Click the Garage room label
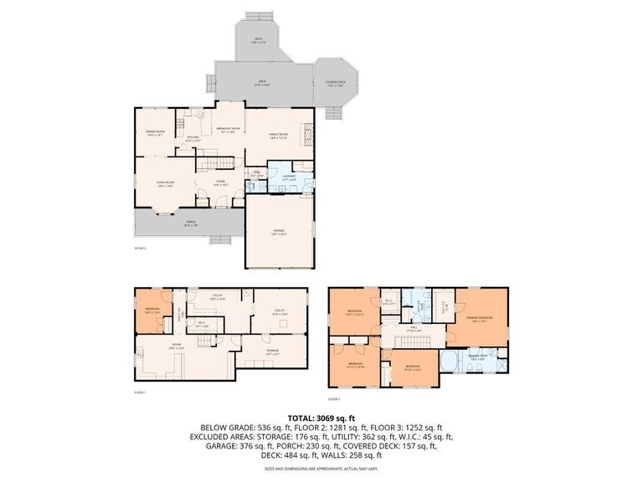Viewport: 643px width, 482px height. click(279, 233)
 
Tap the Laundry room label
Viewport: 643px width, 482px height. click(289, 177)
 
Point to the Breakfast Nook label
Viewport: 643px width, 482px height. click(229, 129)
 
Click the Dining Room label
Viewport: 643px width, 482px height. click(155, 133)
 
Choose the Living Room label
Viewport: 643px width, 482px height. click(164, 184)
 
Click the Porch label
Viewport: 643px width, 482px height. click(191, 223)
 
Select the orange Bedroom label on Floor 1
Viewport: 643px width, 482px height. click(152, 310)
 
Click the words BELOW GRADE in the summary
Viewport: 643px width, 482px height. click(223, 427)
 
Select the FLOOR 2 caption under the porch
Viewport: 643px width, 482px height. click(140, 249)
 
